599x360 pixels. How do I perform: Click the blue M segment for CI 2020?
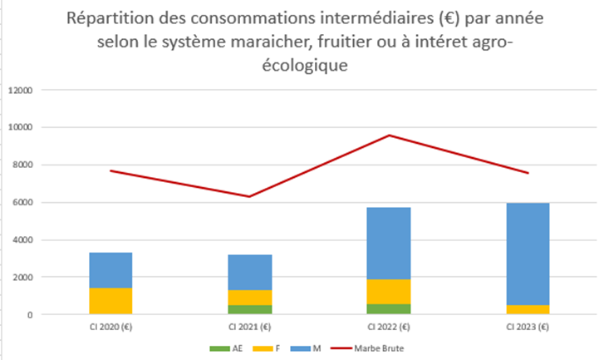click(111, 270)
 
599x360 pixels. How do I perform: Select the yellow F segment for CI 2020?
click(111, 301)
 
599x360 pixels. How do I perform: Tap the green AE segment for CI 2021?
click(251, 309)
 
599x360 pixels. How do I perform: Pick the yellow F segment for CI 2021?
click(251, 298)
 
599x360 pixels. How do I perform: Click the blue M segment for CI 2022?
click(390, 243)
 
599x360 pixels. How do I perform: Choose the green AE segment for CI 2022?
click(390, 308)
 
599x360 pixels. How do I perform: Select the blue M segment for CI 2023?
click(528, 254)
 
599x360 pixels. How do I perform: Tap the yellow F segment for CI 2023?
click(528, 309)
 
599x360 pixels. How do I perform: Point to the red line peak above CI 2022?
click(390, 136)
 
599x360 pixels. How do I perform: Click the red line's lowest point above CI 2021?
click(251, 196)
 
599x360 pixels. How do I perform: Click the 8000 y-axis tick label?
click(21, 165)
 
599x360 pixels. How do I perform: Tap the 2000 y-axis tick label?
click(21, 277)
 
